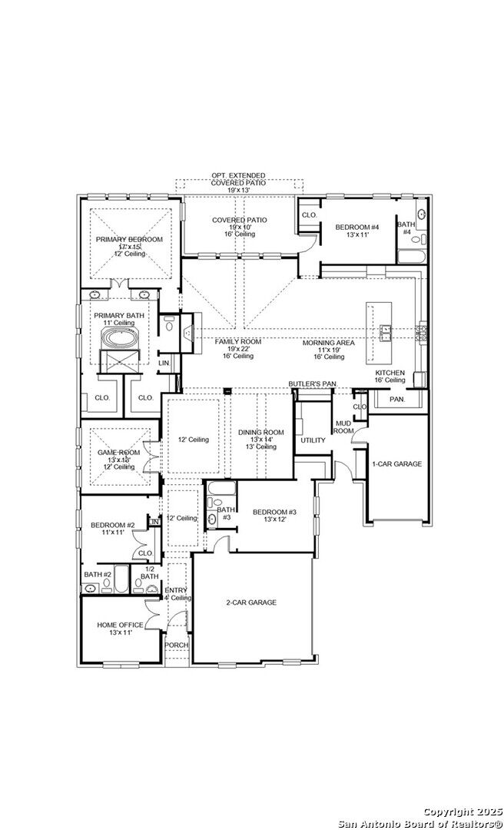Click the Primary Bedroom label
(129, 240)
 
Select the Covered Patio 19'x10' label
(240, 220)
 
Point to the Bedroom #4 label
(357, 227)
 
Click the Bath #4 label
(406, 227)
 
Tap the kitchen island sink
(384, 331)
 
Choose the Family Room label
(238, 341)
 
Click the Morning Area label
(328, 343)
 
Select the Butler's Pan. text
(313, 383)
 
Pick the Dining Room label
(260, 433)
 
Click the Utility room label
(313, 440)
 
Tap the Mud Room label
(343, 428)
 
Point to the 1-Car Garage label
(396, 464)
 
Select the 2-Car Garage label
(251, 603)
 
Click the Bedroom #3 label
(274, 513)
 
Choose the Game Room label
(118, 453)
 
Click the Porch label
(177, 645)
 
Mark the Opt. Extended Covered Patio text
(240, 178)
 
